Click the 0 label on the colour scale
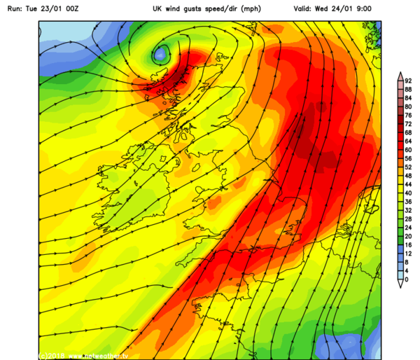click(x=407, y=279)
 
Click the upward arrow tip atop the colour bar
click(x=399, y=73)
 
